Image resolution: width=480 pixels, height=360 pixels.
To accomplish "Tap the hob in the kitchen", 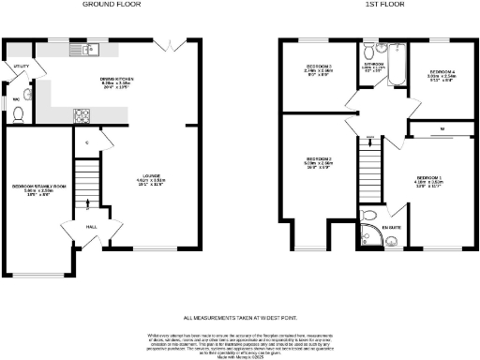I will point(82,115).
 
